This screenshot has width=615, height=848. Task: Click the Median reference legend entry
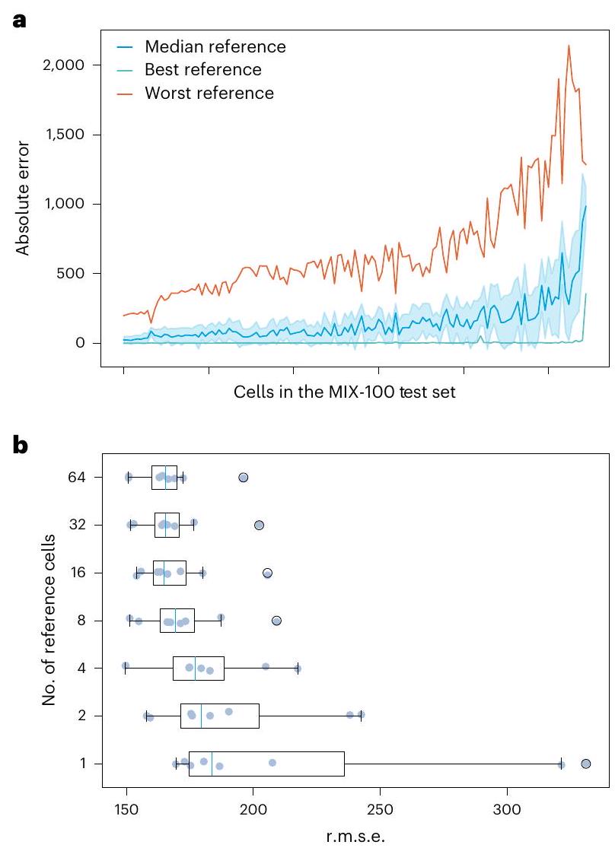coord(215,47)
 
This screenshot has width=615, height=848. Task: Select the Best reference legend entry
coord(203,70)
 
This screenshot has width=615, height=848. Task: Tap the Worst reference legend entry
coord(209,94)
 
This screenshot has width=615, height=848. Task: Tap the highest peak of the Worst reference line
coord(569,45)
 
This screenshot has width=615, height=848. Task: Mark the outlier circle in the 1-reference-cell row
coord(586,764)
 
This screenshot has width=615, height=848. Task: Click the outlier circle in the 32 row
coord(259,526)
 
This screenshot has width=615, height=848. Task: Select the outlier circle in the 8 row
coord(276,621)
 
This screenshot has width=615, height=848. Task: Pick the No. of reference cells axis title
coord(50,621)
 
